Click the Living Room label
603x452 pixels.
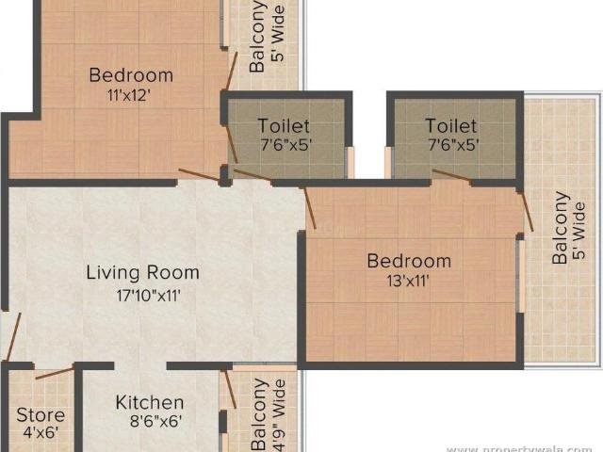pyautogui.click(x=142, y=273)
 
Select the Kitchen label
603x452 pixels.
pyautogui.click(x=149, y=402)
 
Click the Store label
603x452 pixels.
pyautogui.click(x=41, y=414)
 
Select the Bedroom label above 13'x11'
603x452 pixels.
pyautogui.click(x=409, y=261)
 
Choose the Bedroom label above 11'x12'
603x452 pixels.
pyautogui.click(x=131, y=75)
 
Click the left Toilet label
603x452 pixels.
pyautogui.click(x=284, y=125)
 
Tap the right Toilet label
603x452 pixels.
pyautogui.click(x=450, y=125)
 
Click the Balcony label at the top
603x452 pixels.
pyautogui.click(x=257, y=37)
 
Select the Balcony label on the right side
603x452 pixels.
pyautogui.click(x=561, y=227)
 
